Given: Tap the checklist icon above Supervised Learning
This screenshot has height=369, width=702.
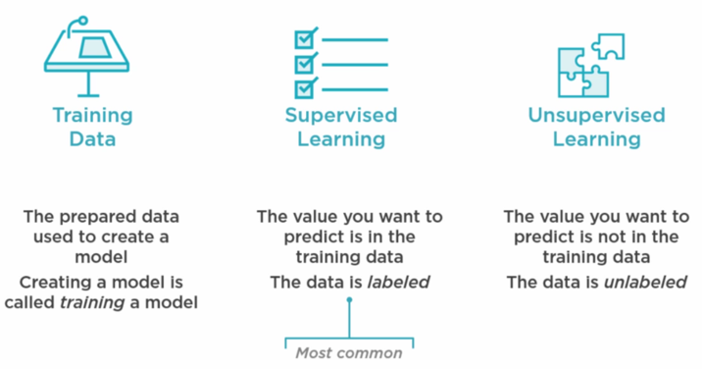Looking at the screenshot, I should tap(340, 61).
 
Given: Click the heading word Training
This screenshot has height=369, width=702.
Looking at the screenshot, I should tap(93, 115).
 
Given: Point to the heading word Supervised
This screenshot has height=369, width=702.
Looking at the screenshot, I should tap(341, 115).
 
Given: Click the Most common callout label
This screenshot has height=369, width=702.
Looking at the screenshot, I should tap(349, 352).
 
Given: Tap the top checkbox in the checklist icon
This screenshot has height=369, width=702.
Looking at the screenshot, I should tap(307, 39).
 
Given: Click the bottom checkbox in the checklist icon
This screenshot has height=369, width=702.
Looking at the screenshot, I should tap(307, 86).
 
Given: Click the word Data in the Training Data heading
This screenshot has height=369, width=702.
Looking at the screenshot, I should tap(93, 138).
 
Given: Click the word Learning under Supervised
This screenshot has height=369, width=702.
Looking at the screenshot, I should tap(341, 138).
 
